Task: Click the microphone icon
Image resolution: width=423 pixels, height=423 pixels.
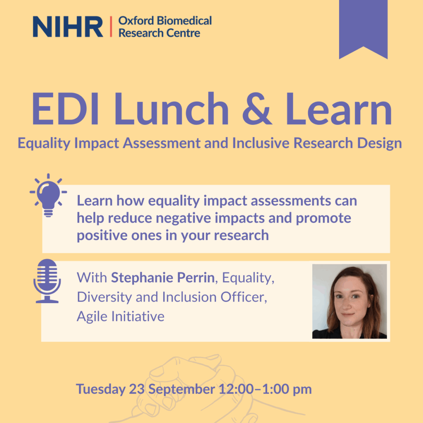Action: (x=47, y=281)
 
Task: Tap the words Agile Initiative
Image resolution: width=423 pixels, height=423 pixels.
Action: (x=120, y=316)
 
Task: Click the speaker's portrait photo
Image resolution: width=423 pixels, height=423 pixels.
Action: (x=349, y=302)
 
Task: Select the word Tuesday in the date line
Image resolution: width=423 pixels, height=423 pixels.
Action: (x=100, y=389)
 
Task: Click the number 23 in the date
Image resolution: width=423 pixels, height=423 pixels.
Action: (x=137, y=389)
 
